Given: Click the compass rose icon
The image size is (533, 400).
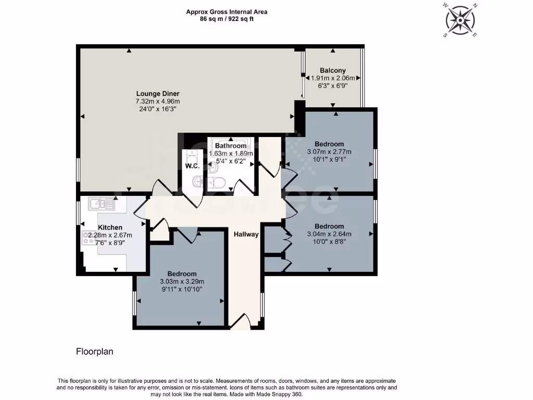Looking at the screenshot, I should tap(461, 20).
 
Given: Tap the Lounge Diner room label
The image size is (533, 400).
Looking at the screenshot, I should tap(157, 94).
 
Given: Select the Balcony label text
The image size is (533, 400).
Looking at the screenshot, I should tap(333, 70).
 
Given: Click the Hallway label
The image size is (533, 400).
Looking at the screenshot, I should tap(246, 234).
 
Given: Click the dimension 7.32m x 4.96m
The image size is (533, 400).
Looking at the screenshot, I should tap(157, 102).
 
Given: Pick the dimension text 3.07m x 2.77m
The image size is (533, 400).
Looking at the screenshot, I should tap(329, 152).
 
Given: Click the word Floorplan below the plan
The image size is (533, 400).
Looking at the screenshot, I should tap(94, 352).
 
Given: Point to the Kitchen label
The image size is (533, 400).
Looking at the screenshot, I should tap(110, 227).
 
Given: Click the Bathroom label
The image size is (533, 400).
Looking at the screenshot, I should tap(230, 146).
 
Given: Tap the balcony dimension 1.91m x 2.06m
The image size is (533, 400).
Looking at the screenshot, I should tap(333, 78).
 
